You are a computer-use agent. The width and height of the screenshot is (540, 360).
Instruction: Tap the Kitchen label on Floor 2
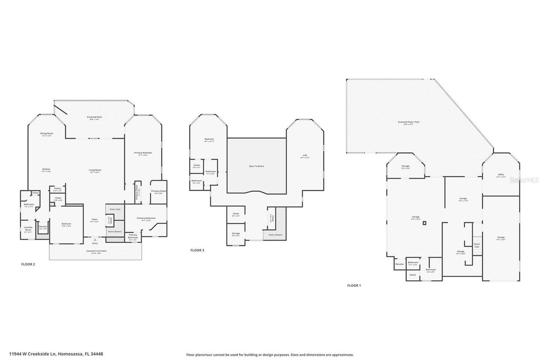(x=46, y=170)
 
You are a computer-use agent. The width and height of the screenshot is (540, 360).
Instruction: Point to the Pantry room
(x=57, y=189)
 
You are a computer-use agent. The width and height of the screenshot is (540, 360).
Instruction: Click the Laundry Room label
(x=28, y=229)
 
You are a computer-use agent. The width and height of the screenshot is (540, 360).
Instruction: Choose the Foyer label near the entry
(x=94, y=220)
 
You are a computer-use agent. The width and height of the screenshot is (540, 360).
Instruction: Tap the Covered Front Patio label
(x=96, y=252)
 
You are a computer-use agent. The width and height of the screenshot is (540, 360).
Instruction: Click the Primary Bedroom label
(x=143, y=153)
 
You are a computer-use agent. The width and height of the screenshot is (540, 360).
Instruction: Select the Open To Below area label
(x=256, y=166)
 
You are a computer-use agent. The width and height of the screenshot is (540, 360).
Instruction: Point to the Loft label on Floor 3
(x=305, y=156)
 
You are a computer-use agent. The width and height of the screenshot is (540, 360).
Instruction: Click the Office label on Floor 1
(x=501, y=175)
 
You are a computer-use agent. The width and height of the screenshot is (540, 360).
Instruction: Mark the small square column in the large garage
(x=425, y=223)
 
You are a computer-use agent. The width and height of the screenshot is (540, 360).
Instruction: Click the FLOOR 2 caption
(x=28, y=265)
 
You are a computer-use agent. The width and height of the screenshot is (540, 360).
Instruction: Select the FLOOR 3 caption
(x=197, y=250)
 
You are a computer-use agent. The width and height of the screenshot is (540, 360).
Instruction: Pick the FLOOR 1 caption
(x=354, y=286)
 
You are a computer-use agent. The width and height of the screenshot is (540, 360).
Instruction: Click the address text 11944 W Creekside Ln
(x=56, y=354)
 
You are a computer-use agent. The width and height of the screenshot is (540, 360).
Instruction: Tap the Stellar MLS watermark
(x=524, y=180)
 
